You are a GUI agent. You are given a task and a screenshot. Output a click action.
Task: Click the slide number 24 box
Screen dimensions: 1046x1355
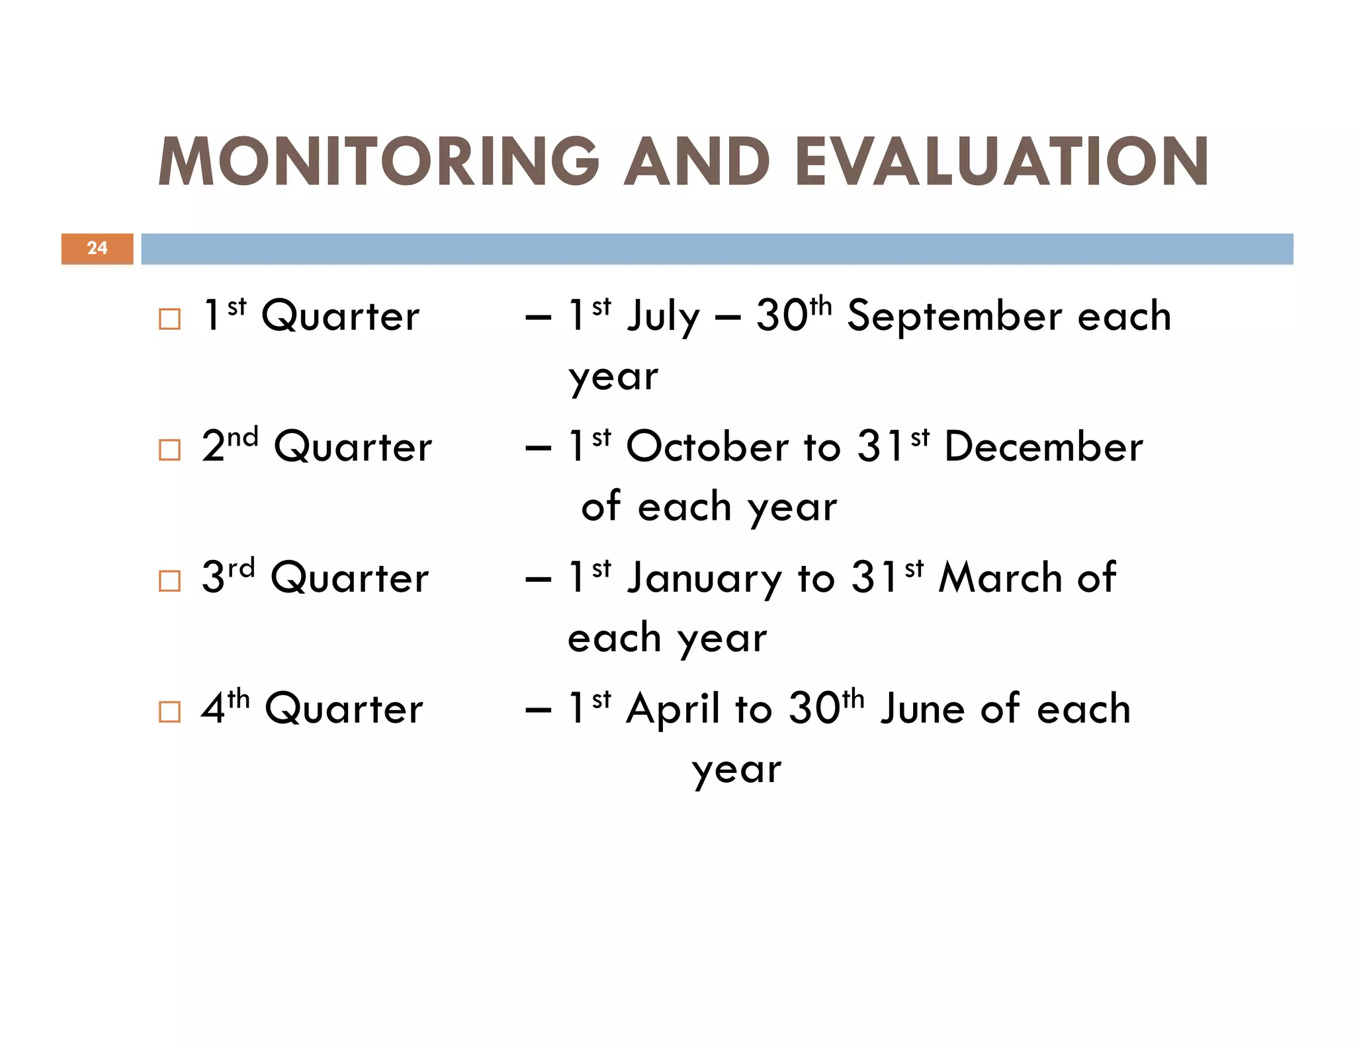tap(97, 249)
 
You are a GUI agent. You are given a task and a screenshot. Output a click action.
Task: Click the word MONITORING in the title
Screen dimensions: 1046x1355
tap(378, 162)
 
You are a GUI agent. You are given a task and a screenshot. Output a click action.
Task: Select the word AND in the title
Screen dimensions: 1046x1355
tap(697, 162)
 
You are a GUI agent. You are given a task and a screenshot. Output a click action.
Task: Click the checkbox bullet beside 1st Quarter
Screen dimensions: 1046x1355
tap(170, 319)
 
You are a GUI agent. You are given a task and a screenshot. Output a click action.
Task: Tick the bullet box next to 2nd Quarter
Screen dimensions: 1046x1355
tap(170, 450)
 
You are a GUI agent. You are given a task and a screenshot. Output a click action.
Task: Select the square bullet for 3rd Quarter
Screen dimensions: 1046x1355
tap(170, 581)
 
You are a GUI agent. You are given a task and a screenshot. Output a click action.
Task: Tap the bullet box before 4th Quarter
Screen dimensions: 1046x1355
tap(170, 712)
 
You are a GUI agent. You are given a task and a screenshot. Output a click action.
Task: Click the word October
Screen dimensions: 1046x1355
tap(707, 447)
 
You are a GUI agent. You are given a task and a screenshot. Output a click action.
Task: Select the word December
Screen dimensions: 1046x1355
tap(1043, 447)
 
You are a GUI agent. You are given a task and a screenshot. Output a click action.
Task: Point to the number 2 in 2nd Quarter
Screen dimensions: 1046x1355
tap(213, 447)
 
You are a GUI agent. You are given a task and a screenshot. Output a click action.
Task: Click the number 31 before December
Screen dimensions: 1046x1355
tap(880, 447)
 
